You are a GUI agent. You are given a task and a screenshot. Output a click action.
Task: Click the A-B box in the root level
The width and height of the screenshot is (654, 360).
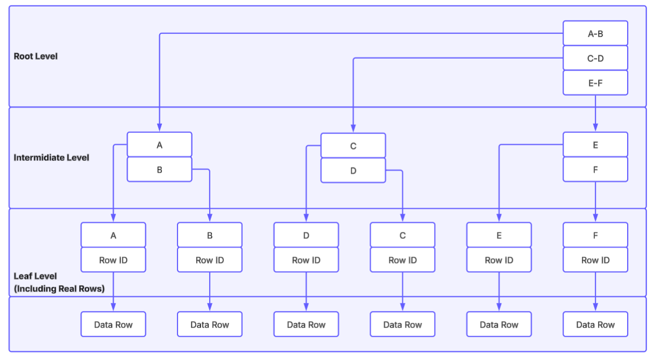coord(595,33)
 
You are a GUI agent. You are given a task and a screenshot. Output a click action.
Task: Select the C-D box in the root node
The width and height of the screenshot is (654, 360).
coord(595,58)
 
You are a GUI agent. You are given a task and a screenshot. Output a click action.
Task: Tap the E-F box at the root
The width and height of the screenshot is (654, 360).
coord(595,83)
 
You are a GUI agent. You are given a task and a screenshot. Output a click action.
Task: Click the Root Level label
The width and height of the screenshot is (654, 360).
coord(35,56)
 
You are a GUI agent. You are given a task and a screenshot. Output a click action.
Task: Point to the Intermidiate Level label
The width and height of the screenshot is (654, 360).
coord(52,158)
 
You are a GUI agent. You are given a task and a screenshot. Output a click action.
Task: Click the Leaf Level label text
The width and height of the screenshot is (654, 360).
coord(35,276)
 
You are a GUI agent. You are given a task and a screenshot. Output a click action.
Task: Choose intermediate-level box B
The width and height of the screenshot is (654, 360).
coord(159,170)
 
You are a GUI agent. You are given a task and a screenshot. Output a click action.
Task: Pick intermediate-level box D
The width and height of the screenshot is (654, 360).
coord(353,171)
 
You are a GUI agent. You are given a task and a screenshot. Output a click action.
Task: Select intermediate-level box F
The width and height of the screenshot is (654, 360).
coord(595,170)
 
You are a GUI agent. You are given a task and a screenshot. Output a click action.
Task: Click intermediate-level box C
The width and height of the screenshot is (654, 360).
coord(353,146)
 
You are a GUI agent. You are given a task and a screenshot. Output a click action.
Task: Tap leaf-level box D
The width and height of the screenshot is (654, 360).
coord(306,235)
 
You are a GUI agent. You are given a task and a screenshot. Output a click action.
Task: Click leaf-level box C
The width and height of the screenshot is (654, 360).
coord(402,235)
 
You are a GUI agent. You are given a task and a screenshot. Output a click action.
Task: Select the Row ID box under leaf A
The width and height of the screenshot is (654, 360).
coord(113,260)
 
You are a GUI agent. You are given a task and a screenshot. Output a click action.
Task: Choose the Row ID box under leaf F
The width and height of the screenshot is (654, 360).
coord(595,260)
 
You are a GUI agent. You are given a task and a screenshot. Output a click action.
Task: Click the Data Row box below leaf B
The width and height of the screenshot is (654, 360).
coord(209,324)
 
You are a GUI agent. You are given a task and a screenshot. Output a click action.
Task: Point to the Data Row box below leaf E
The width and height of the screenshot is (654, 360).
coord(499,324)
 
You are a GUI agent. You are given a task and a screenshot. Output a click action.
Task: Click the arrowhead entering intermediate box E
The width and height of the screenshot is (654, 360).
coord(595,128)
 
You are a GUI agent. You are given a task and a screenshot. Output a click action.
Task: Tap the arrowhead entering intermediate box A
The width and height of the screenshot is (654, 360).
coord(159,128)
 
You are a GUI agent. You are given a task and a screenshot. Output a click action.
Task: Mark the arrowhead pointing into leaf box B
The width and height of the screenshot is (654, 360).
coord(209,218)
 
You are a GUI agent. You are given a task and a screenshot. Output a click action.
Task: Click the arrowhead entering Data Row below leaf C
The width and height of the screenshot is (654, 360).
coord(402,307)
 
